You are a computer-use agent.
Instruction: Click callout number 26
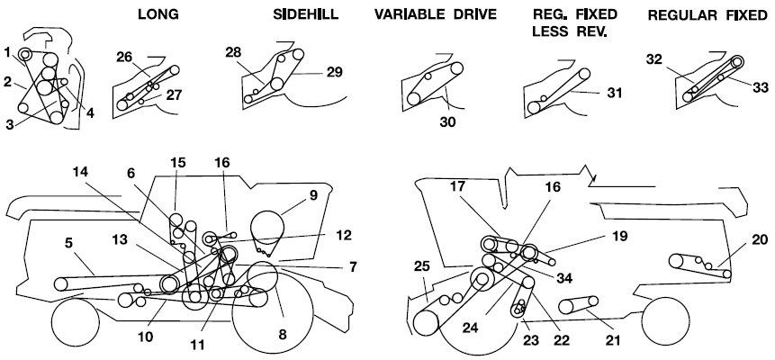tap(124, 57)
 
